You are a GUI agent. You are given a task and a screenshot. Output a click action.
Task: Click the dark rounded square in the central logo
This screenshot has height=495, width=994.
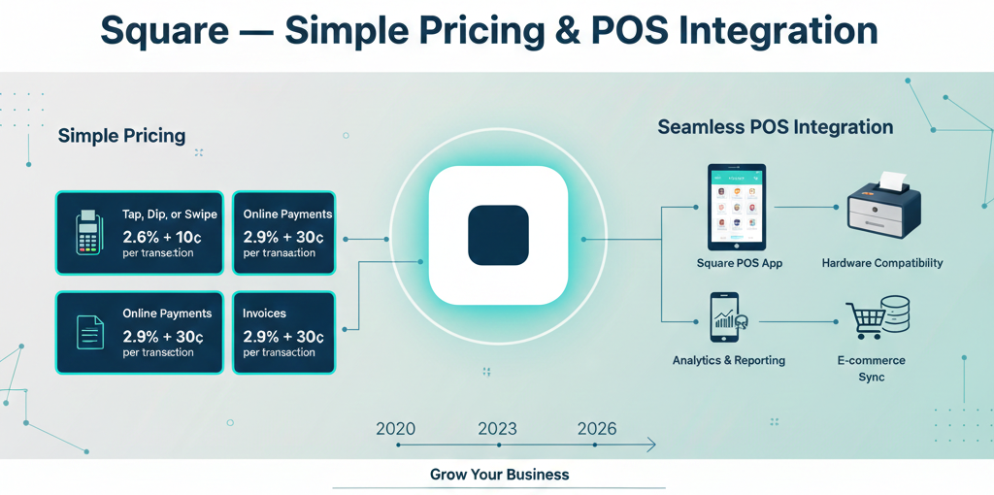498,235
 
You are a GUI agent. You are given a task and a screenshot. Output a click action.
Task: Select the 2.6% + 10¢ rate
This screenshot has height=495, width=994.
162,236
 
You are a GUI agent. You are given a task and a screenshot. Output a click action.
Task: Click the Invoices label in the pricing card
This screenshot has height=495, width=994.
264,313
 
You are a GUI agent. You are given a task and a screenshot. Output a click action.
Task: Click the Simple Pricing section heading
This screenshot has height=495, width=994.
121,135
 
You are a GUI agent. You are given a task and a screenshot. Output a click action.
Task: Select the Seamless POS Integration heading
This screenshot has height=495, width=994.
775,127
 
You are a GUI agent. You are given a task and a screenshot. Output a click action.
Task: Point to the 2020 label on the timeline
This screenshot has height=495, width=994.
395,429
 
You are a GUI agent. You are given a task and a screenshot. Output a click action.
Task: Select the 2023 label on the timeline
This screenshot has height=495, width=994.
497,429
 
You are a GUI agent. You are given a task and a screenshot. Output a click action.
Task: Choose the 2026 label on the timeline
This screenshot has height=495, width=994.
596,429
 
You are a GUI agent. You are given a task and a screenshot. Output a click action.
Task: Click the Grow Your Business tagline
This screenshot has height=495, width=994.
499,475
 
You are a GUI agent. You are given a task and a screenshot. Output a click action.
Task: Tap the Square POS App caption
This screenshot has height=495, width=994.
739,263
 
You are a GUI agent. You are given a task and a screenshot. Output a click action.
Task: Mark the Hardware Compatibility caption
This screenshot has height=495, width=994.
881,263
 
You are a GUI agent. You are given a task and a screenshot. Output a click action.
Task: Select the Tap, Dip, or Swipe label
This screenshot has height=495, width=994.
170,214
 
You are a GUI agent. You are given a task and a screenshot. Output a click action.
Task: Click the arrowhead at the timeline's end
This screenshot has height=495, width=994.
651,445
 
